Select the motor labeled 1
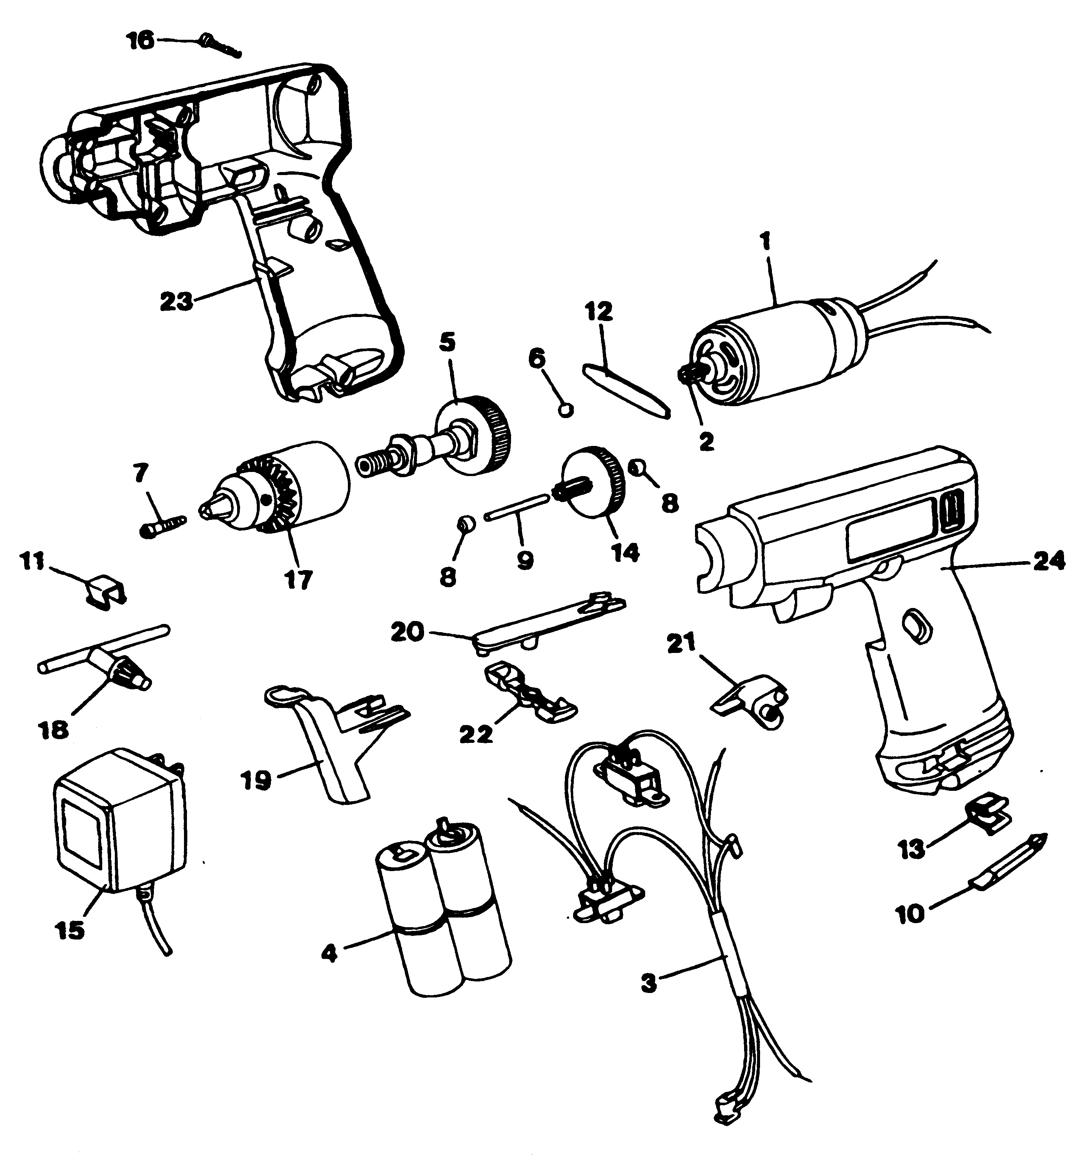point(779,349)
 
